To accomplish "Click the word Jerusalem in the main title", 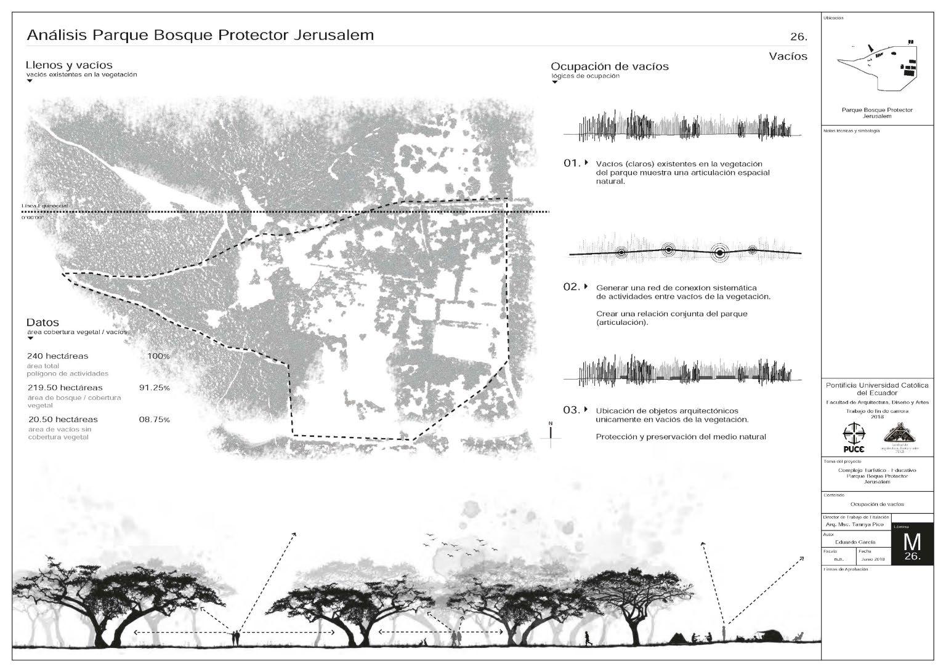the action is [337, 35].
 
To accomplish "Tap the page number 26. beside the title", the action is [798, 37].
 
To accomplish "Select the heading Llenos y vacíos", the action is [69, 65].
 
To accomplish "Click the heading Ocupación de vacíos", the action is [609, 66].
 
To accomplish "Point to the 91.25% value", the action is [155, 388].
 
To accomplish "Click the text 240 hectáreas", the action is [58, 356].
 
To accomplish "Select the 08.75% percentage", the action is [158, 420].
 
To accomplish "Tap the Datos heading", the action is [42, 322].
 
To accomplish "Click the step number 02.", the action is [572, 287].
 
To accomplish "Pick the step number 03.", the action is [572, 410].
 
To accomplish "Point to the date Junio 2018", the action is [872, 559].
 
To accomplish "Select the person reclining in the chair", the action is [798, 637].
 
